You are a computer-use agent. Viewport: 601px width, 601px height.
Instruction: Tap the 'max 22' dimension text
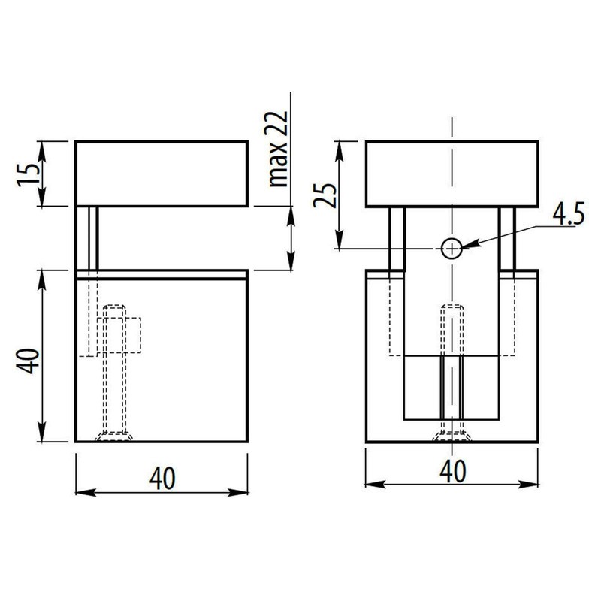(x=279, y=153)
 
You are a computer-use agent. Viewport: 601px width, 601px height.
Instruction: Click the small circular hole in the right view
(x=452, y=248)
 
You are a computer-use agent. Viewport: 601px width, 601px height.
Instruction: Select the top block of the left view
(x=162, y=174)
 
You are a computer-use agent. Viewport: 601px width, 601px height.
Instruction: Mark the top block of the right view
(x=451, y=174)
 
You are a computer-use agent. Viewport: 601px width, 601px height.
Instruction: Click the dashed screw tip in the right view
(x=452, y=310)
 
